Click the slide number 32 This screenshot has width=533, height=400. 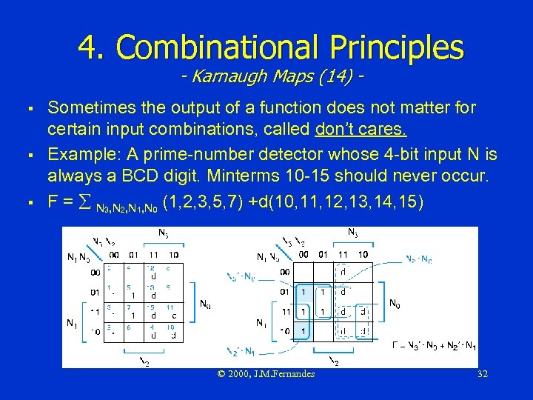point(483,374)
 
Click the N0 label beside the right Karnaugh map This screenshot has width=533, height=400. point(396,303)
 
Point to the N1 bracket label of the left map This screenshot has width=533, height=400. point(72,323)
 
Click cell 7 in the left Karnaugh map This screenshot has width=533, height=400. point(132,313)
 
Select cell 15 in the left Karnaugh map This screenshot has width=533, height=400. point(151,313)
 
